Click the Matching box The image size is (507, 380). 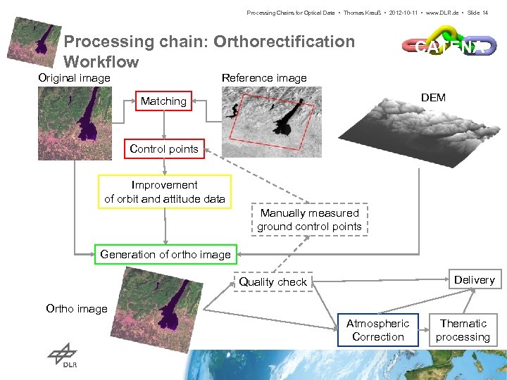coord(163,101)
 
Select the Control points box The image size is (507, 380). coord(164,148)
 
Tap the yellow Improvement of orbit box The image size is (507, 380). coord(165,192)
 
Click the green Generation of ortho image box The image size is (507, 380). coord(165,254)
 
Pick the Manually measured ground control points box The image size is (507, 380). coord(309,220)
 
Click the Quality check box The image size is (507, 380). coord(273,281)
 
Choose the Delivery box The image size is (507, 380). coord(474,280)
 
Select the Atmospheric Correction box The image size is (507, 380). coord(377,330)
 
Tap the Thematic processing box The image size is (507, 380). coord(463,330)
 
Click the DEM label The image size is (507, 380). coord(433,97)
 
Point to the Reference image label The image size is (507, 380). coord(264,77)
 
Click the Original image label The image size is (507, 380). coord(74,77)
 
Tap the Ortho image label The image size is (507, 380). coord(77,308)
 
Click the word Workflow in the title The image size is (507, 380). coord(101,61)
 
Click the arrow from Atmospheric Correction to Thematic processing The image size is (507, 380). coord(424,330)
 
